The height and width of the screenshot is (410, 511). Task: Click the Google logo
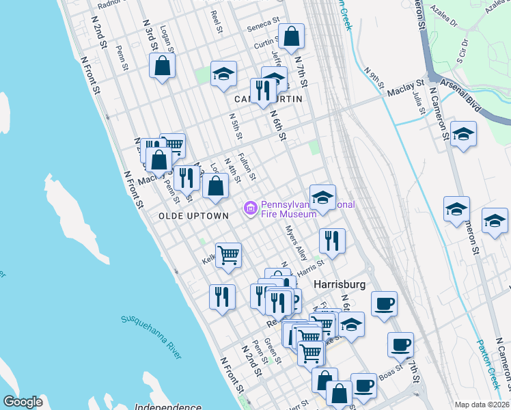click(x=23, y=402)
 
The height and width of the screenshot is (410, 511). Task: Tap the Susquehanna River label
click(x=151, y=336)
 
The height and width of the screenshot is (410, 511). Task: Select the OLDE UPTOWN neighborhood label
click(x=193, y=216)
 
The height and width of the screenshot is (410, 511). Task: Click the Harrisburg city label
click(x=340, y=284)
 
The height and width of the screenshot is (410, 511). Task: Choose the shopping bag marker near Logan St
click(x=163, y=66)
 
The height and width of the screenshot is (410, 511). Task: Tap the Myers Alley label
click(x=296, y=243)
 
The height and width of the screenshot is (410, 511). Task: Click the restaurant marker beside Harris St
click(x=332, y=241)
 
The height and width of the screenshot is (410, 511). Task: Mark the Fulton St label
click(x=247, y=167)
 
